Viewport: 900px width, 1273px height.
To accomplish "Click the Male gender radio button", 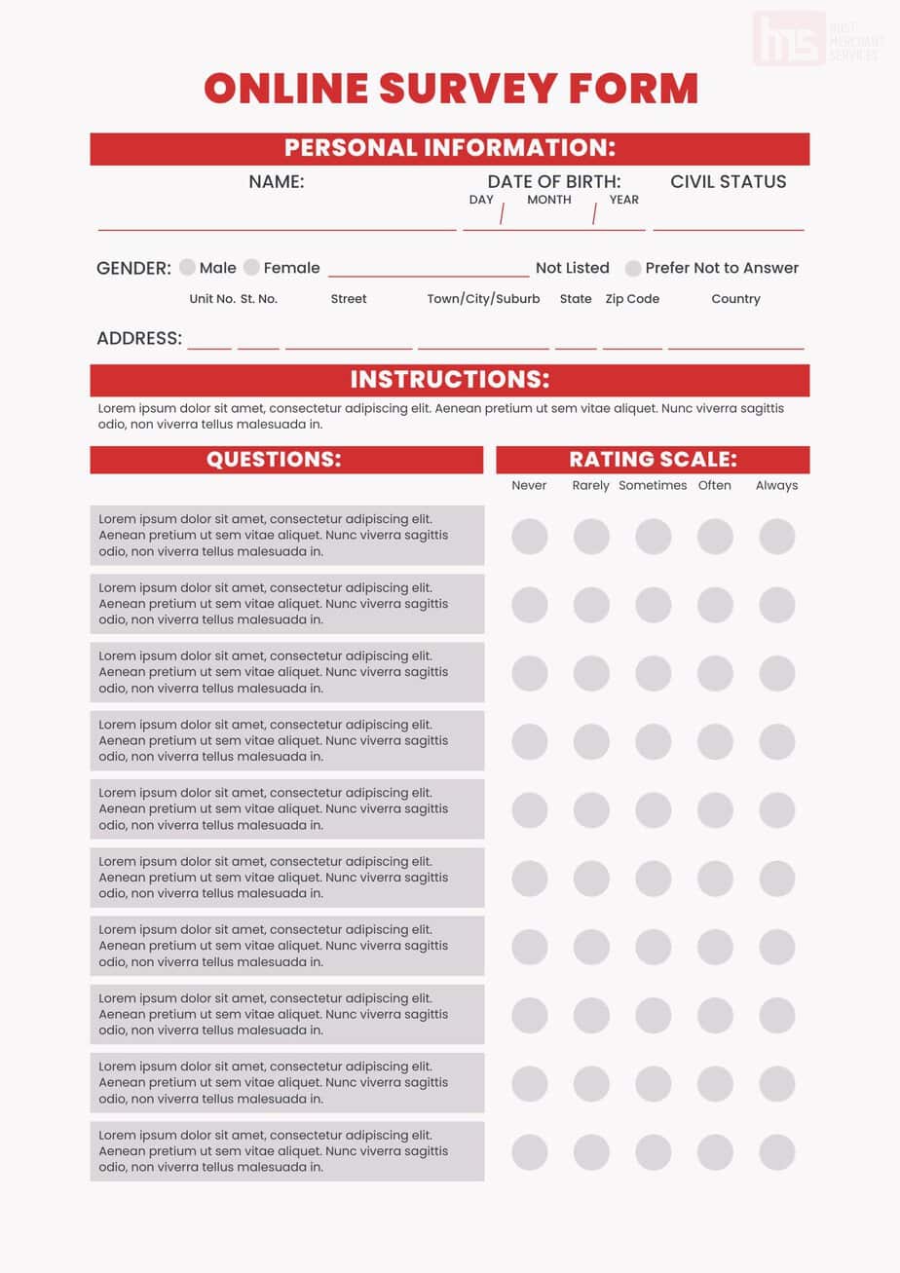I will [x=188, y=268].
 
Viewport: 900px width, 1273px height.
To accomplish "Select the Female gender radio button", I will [x=252, y=268].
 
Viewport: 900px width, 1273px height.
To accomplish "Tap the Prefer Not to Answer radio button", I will [x=633, y=268].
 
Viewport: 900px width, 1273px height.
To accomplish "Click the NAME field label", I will [x=277, y=181].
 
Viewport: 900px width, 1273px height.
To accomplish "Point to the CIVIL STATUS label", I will [x=729, y=181].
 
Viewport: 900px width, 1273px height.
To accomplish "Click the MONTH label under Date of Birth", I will [x=549, y=200].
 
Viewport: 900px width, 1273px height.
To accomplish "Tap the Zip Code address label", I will [x=632, y=299].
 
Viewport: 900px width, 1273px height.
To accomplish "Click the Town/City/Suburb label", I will [x=483, y=299].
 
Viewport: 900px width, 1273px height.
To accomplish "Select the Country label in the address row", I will [x=735, y=299].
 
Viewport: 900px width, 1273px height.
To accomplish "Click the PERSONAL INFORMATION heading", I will [x=450, y=148].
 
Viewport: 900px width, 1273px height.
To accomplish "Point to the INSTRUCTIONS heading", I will [x=450, y=380].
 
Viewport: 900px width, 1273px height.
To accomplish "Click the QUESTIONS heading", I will [x=274, y=460].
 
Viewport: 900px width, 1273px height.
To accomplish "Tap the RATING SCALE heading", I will [x=653, y=460].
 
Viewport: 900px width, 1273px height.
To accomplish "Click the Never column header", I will [x=529, y=485].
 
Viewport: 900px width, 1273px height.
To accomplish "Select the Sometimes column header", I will [x=653, y=485].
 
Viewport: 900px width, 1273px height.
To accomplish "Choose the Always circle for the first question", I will [x=777, y=537].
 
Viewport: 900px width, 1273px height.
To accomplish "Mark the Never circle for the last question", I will [x=530, y=1152].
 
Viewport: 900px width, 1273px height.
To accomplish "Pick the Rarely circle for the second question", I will [x=591, y=605].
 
